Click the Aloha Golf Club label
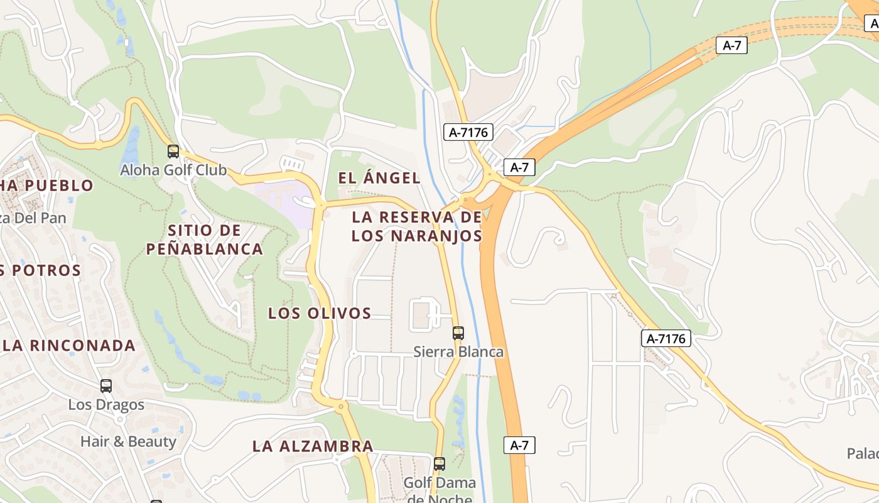[173, 170]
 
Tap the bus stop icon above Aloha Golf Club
[173, 152]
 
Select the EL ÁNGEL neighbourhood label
[379, 178]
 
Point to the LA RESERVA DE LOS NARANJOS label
[417, 226]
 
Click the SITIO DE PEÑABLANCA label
[205, 240]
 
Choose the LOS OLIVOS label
[320, 313]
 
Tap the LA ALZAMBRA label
[313, 446]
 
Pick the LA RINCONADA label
[69, 345]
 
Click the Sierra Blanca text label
[458, 351]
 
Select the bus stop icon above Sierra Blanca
[458, 333]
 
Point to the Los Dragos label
[106, 404]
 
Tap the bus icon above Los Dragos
[106, 386]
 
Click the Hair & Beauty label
[128, 441]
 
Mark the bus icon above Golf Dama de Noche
[439, 464]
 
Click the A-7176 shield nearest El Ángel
[468, 132]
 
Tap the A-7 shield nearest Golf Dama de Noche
[519, 445]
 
